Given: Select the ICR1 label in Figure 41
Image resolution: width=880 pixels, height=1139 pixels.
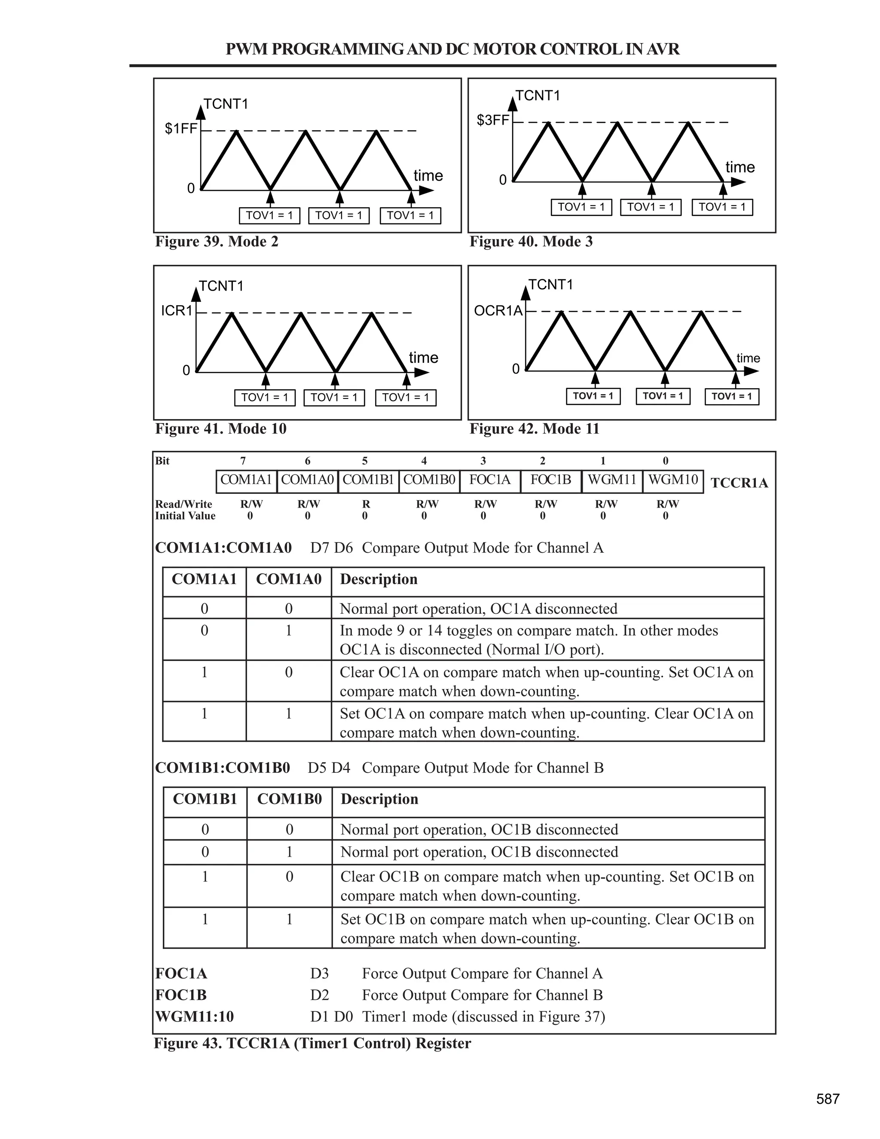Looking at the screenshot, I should coord(177,311).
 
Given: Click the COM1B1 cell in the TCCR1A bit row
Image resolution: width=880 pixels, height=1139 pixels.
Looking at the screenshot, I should coord(368,480).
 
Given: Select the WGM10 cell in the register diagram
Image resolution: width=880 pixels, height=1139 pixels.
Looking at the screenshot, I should coord(672,480).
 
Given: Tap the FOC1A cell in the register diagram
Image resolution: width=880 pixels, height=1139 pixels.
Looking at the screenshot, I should coord(489,480).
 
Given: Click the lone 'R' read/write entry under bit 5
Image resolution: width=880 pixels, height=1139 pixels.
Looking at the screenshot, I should coord(366,504).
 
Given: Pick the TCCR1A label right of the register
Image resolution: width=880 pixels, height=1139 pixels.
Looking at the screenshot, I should coord(739,483).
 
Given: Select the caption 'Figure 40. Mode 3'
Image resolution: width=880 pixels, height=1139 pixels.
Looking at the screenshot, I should coord(531,242).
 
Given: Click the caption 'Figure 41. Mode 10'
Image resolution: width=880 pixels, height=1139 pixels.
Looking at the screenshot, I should coord(220,429).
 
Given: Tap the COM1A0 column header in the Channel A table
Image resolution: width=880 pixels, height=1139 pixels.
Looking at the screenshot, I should coord(289,579).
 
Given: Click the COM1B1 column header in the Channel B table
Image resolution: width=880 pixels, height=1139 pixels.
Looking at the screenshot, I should coord(205,799).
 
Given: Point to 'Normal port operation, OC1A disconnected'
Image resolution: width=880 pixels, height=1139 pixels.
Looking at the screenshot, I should coord(478,609).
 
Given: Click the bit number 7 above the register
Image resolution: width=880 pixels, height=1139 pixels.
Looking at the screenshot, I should coord(243,461).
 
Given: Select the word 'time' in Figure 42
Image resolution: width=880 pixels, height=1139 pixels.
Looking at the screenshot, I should coord(748,358).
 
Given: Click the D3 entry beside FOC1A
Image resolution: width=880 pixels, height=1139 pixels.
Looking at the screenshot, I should coord(319,974).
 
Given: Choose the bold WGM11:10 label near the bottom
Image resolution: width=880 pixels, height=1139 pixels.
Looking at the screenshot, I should coord(195,1017).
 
